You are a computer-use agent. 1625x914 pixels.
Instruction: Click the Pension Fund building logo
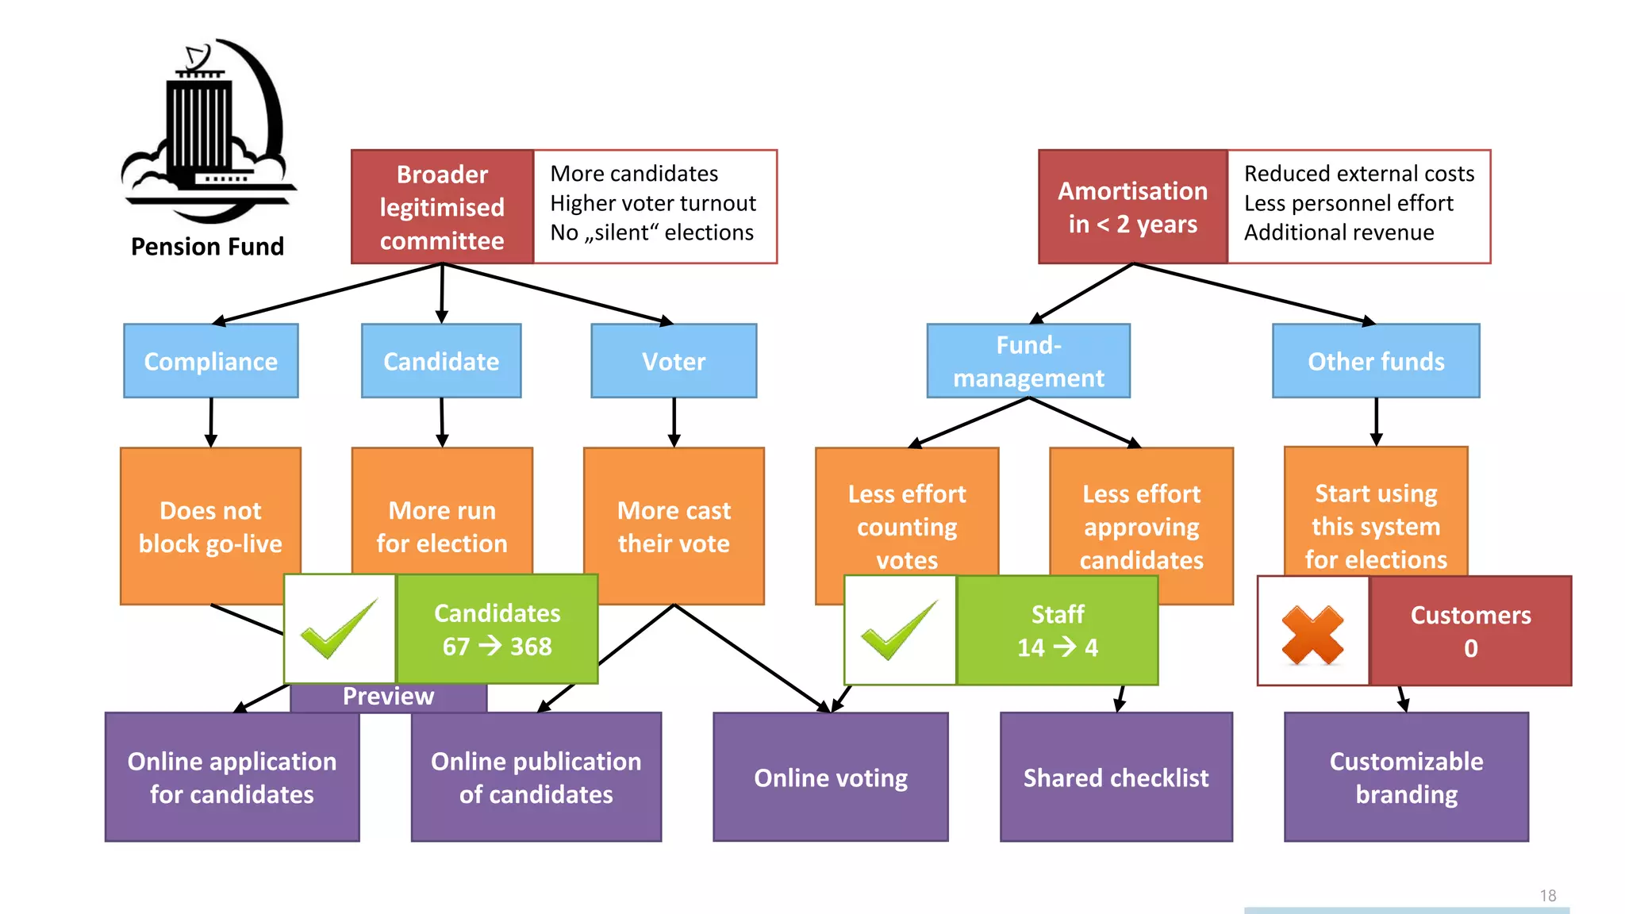208,131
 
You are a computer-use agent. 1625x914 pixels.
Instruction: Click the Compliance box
211,361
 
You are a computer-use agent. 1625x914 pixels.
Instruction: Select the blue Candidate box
441,361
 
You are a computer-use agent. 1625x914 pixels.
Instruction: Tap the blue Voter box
674,361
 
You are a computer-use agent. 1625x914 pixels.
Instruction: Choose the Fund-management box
1028,361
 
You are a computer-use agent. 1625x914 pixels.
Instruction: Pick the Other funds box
1376,361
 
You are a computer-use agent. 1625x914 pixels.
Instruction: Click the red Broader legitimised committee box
442,207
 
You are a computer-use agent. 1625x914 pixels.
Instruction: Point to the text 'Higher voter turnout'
653,203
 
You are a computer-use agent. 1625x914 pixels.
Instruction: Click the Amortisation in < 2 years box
1132,207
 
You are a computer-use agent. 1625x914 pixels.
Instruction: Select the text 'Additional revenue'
1339,232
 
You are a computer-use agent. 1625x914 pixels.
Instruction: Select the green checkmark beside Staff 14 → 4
900,631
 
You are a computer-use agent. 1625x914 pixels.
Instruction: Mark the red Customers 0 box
1470,632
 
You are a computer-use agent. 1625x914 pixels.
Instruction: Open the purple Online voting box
831,778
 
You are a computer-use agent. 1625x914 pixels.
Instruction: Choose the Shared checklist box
1116,778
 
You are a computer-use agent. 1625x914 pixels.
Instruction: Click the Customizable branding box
1406,778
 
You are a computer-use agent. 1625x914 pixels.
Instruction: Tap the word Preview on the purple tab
388,697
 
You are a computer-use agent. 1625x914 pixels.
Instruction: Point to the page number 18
1547,896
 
